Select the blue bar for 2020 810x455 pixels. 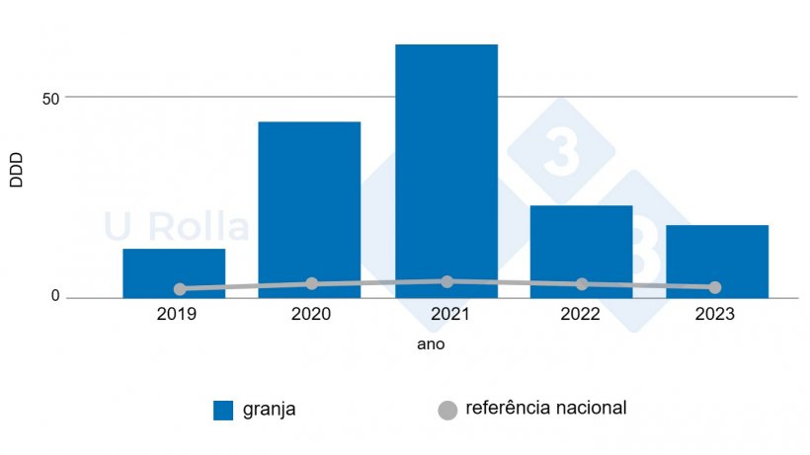coord(309,208)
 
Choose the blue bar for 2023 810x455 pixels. coord(716,258)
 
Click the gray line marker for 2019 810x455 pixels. coord(180,289)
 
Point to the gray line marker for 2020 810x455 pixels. coord(312,283)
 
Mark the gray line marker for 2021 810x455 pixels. coord(447,281)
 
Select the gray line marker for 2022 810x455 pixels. coord(582,284)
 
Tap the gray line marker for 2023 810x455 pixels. coord(715,287)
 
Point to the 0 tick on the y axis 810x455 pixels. coord(55,297)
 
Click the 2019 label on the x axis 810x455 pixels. coord(176,315)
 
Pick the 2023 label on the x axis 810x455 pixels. coord(715,315)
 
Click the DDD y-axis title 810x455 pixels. coord(17,169)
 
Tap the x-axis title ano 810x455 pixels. coord(431,344)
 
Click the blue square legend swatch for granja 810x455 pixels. coord(223,411)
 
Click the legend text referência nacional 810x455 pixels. coord(545,408)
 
